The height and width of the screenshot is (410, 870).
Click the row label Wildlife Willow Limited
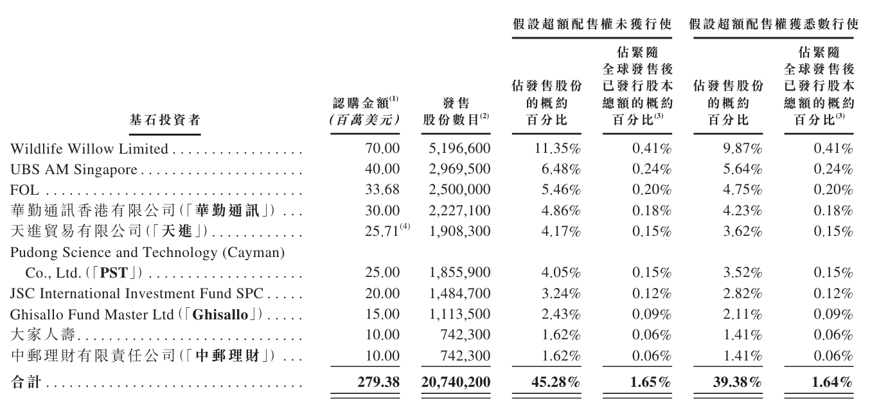(x=89, y=150)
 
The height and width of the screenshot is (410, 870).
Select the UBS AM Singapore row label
(x=75, y=170)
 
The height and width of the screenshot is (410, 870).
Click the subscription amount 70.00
(x=383, y=150)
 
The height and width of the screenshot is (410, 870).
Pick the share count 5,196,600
(x=459, y=150)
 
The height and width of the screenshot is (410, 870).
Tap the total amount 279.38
(x=378, y=382)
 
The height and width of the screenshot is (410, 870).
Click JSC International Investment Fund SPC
(x=138, y=295)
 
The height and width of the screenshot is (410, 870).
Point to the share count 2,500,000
(x=459, y=190)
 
